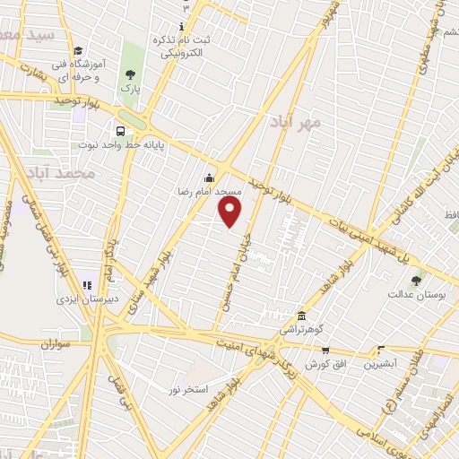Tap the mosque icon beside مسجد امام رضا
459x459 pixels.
(x=210, y=178)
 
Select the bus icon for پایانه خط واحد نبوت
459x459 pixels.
(x=119, y=129)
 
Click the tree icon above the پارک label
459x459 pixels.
(x=131, y=74)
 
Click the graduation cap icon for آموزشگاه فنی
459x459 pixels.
(x=78, y=52)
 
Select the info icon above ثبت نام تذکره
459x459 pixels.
(x=182, y=26)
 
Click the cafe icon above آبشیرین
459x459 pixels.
(x=381, y=351)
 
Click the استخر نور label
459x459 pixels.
(x=188, y=389)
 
